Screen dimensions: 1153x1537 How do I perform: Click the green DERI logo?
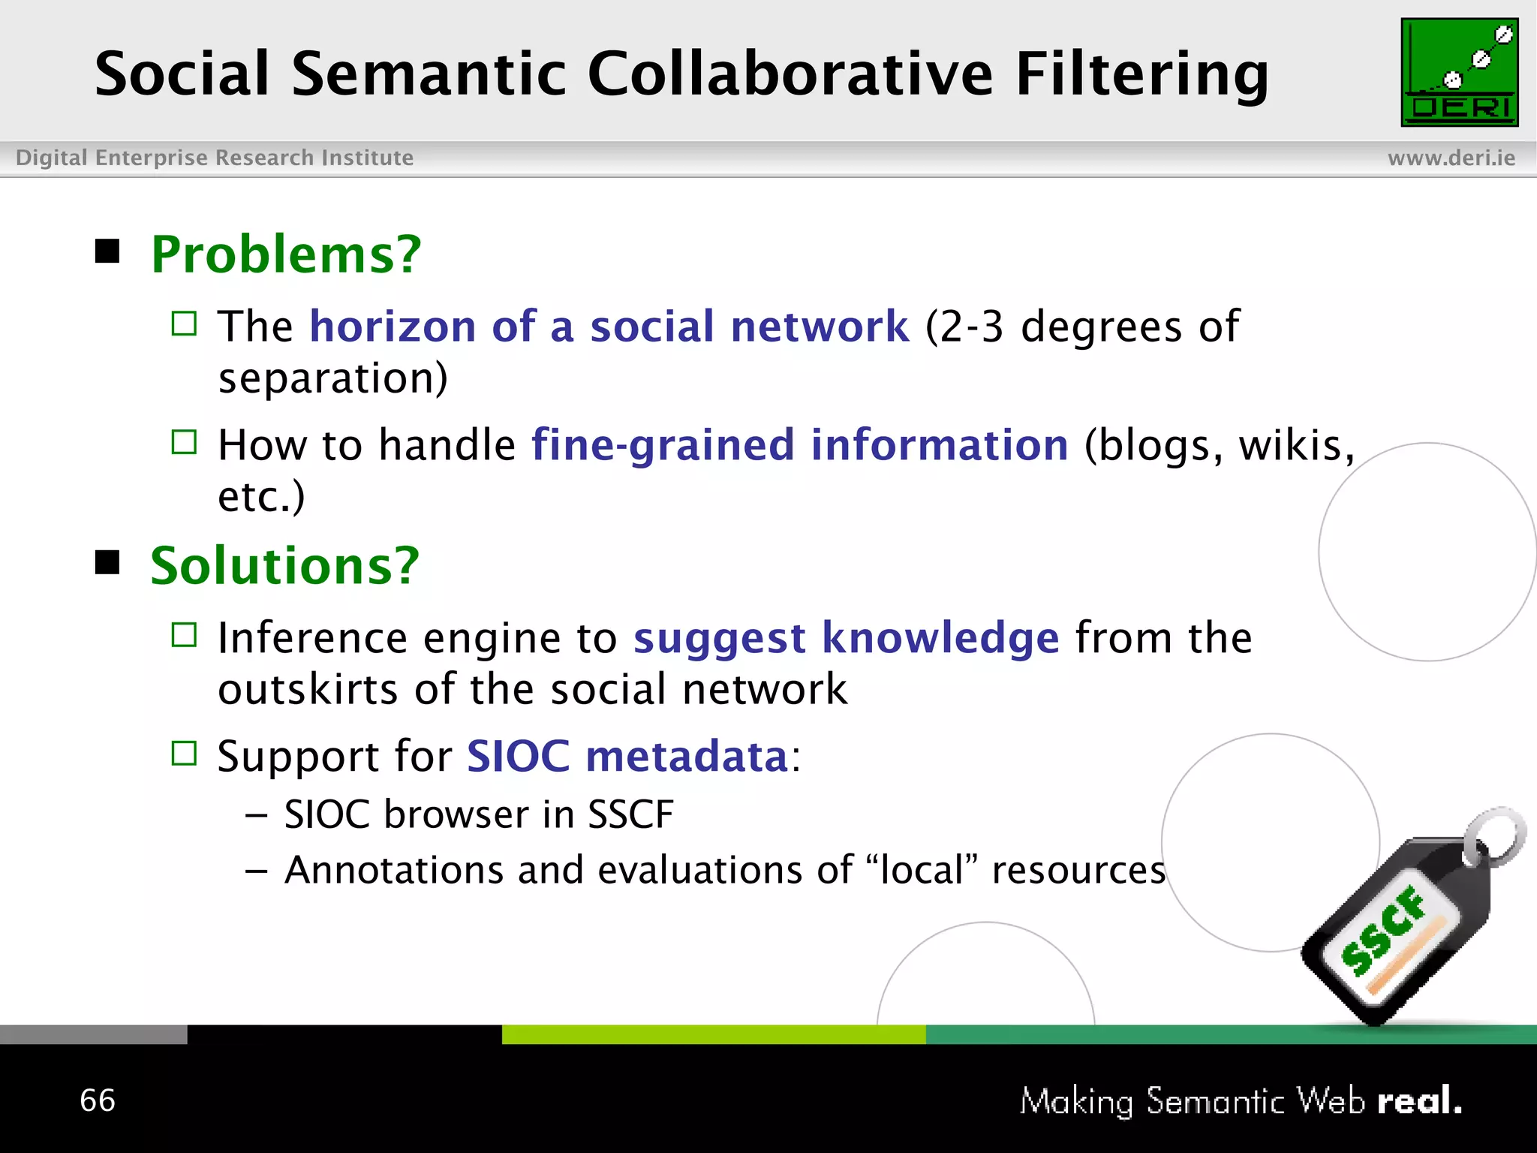tap(1459, 72)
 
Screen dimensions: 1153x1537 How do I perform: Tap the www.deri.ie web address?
tap(1451, 158)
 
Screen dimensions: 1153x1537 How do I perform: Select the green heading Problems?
tap(286, 254)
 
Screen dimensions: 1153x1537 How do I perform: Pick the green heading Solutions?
tap(284, 565)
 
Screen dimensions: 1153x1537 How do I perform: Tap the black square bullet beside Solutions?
tap(107, 561)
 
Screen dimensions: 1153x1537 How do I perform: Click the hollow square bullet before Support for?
tap(184, 753)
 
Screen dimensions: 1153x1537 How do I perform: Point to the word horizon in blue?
tap(393, 327)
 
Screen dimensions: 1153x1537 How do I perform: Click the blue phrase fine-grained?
tap(662, 445)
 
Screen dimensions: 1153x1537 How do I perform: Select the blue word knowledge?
tap(940, 638)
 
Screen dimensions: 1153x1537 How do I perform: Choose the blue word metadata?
tap(686, 756)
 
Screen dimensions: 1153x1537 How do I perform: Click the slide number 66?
tap(98, 1100)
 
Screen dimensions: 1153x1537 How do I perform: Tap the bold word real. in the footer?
tap(1419, 1101)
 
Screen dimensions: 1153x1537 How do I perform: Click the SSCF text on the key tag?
tap(1383, 931)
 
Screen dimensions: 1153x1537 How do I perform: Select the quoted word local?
tap(922, 871)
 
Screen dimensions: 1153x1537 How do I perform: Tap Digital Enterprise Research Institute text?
tap(215, 158)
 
